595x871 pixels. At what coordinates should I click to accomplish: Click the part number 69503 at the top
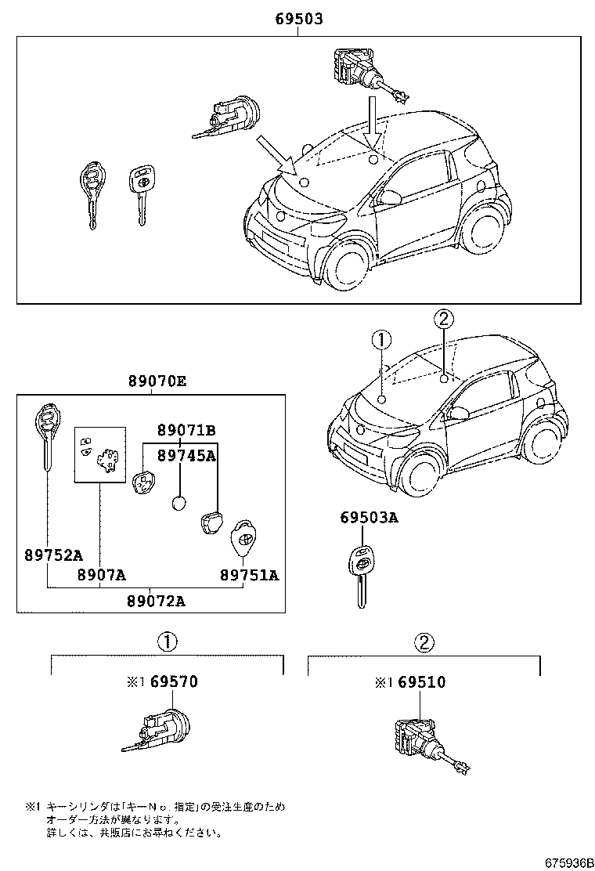(x=298, y=18)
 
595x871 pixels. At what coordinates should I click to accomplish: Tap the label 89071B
(x=186, y=430)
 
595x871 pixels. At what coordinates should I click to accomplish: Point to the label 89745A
(x=186, y=455)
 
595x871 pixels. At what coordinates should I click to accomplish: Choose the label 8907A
(x=101, y=575)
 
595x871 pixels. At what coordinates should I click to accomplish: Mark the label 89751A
(x=248, y=575)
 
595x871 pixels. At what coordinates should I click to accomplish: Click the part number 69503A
(x=368, y=518)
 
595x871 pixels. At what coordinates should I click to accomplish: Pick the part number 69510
(x=420, y=682)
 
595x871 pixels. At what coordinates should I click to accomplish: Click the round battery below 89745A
(x=180, y=504)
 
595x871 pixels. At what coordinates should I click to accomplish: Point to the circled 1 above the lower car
(x=381, y=340)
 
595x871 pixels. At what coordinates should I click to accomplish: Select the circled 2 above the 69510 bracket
(x=424, y=643)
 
